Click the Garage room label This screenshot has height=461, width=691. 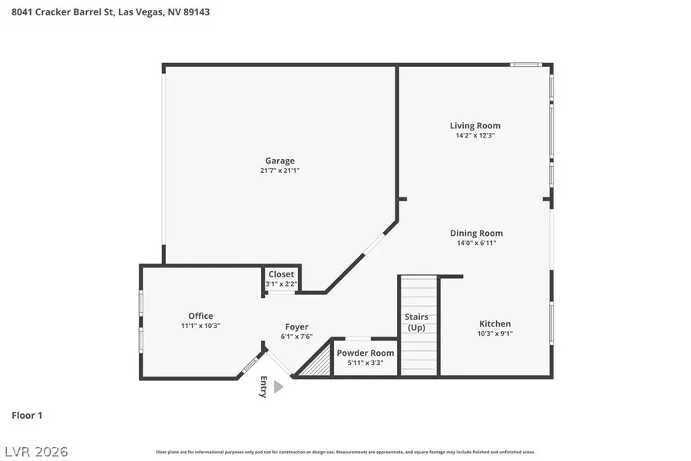[x=279, y=161]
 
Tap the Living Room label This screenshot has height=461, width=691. [x=474, y=125]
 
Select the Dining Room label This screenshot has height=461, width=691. [x=476, y=233]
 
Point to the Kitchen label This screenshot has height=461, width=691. [x=494, y=323]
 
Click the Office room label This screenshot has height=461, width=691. [x=200, y=316]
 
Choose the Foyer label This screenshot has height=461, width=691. [x=296, y=327]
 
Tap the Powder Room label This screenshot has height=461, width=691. [x=365, y=353]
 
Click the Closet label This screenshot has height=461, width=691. [x=281, y=274]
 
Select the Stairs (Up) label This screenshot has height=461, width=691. [x=416, y=322]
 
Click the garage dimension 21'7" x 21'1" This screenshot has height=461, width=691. [x=279, y=171]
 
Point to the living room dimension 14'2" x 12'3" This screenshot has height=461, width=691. [x=474, y=135]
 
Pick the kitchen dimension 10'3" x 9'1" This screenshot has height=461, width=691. [x=494, y=333]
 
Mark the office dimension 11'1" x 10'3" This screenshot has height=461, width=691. [x=200, y=326]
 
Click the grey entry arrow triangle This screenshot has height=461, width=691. [x=278, y=387]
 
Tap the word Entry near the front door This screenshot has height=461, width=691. [x=263, y=387]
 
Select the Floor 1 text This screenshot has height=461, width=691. [x=27, y=415]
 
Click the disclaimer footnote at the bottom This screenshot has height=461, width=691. [x=345, y=452]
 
